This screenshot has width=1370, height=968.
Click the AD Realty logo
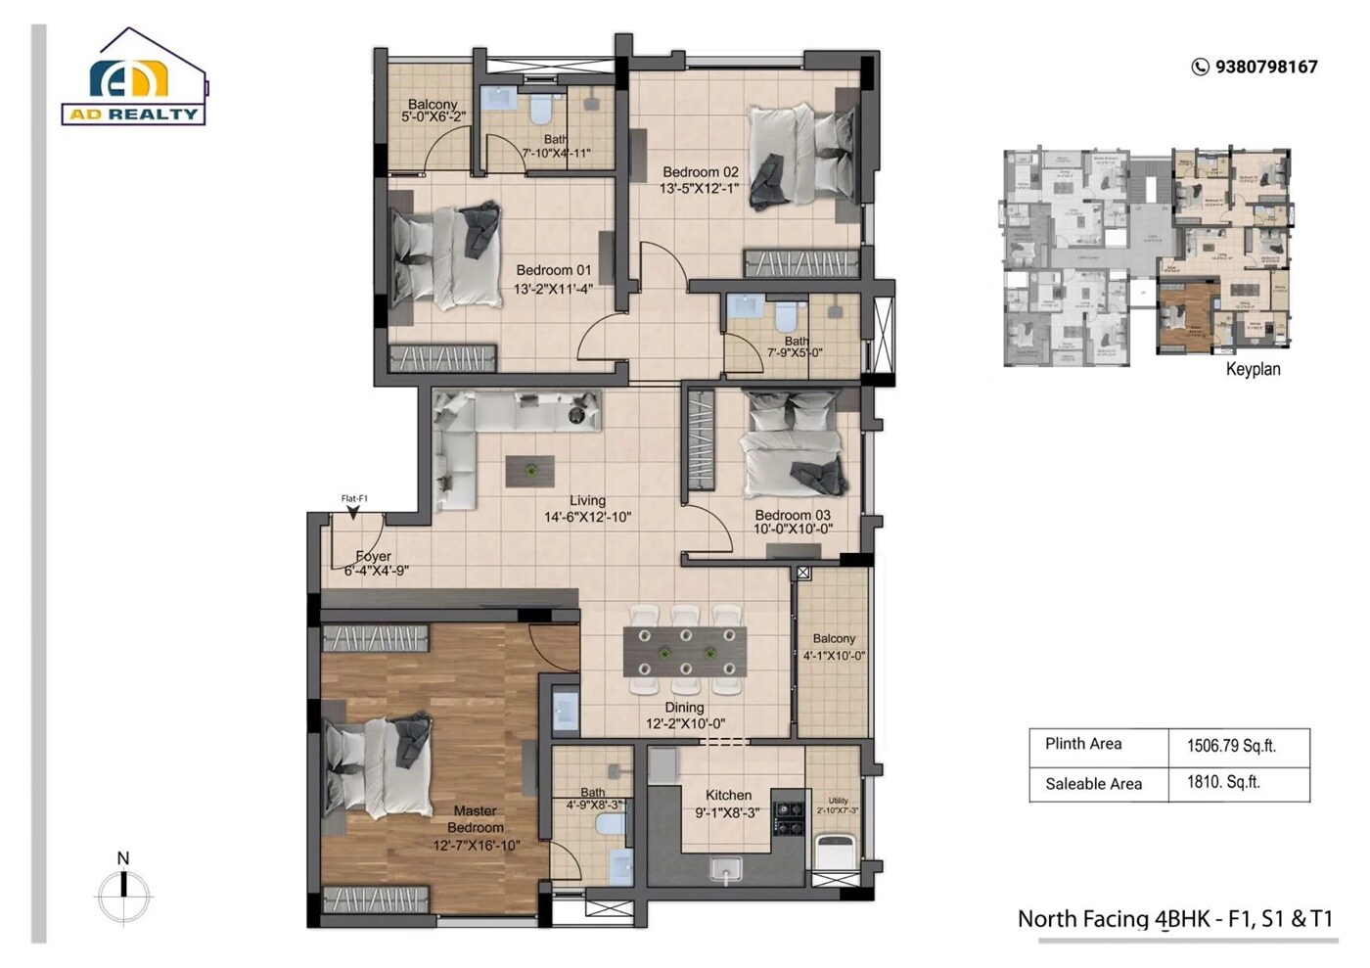pos(135,81)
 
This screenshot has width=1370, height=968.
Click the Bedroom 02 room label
pos(700,172)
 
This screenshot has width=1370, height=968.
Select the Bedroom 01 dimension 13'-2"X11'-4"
pos(553,289)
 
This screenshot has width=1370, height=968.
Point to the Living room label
pos(587,500)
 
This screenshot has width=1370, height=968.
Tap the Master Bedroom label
pos(476,819)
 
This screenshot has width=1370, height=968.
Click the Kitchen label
pos(728,796)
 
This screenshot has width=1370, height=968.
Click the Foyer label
pos(373,556)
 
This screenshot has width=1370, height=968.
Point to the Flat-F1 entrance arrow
pos(353,511)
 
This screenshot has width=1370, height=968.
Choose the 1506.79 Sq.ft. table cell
pos(1231,746)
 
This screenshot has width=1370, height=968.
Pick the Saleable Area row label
pos(1093,784)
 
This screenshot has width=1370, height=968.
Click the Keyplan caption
pos(1253,369)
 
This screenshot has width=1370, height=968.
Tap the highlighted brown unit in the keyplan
pos(1186,315)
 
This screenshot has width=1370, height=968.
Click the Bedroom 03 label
pos(792,515)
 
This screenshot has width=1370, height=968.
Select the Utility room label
pos(838,801)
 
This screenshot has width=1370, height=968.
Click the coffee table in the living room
pos(529,471)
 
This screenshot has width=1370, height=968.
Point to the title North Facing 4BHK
pos(1174,919)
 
